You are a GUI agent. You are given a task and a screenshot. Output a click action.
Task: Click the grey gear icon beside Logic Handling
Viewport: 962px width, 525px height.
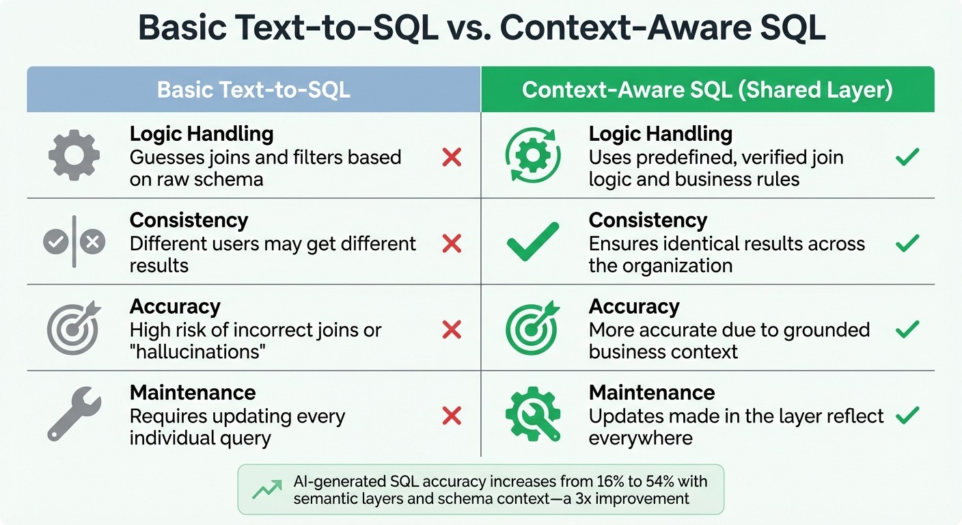(x=74, y=155)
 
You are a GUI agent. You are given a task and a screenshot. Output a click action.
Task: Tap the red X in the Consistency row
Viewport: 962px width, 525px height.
(x=452, y=243)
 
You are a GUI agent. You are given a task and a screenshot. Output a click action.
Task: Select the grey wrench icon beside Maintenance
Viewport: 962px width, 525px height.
(x=74, y=415)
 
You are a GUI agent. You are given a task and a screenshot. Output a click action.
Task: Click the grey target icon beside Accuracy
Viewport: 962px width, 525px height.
(x=73, y=329)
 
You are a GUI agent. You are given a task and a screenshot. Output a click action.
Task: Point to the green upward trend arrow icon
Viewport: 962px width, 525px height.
(x=266, y=489)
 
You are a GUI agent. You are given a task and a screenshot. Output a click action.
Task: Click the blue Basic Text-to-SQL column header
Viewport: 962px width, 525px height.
(x=253, y=90)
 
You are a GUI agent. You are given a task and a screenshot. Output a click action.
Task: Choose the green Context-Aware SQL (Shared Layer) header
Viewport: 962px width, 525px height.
(x=707, y=90)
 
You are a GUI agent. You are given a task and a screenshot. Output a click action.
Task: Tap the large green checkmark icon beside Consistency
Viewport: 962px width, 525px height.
(x=533, y=241)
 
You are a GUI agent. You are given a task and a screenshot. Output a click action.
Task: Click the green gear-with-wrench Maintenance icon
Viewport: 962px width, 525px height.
(x=533, y=414)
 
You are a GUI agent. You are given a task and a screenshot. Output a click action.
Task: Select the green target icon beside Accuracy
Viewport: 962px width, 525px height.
(x=533, y=329)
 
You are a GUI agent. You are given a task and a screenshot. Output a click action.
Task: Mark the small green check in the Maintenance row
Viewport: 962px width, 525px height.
(x=907, y=415)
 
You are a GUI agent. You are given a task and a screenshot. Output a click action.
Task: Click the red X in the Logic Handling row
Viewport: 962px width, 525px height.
(x=452, y=158)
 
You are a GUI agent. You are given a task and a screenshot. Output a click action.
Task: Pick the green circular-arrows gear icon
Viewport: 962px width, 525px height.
(x=533, y=156)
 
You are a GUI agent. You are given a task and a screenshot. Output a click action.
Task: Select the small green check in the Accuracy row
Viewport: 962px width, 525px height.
(x=907, y=329)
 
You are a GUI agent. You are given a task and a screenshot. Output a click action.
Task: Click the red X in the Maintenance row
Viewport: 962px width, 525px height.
(x=452, y=416)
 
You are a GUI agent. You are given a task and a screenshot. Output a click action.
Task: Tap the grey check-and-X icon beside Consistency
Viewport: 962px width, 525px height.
(x=74, y=241)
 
